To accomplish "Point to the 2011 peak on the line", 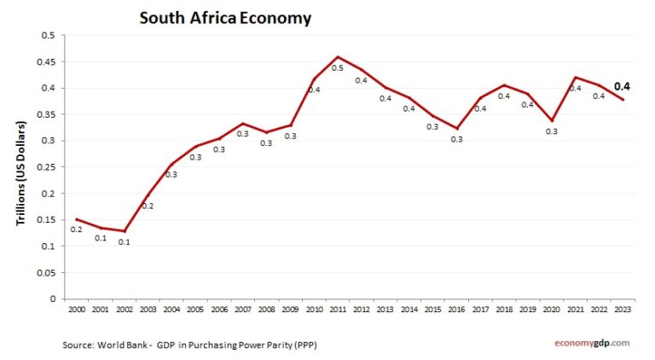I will (338, 56).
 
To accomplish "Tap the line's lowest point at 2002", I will (125, 231).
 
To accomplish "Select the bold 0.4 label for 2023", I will (622, 85).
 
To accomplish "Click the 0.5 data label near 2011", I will (338, 68).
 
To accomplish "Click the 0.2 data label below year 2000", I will (77, 229).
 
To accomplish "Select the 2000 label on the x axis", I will (77, 308).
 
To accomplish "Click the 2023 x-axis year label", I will (622, 308).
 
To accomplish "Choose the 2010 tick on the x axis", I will (314, 308).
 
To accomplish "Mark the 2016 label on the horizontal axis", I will (456, 308).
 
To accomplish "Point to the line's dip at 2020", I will (551, 120).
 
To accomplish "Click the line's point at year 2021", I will (575, 77).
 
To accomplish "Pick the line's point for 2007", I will (243, 124).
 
